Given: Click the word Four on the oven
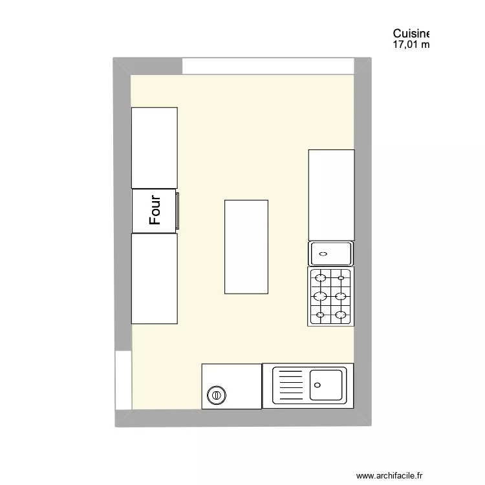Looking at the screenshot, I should click(x=155, y=211).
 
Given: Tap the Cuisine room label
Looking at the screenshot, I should click(x=411, y=34).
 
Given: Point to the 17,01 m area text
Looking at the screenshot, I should click(x=411, y=45).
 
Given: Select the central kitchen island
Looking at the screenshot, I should click(x=246, y=247).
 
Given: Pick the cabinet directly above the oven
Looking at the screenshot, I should click(x=155, y=148).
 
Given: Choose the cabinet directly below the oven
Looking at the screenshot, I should click(x=155, y=278).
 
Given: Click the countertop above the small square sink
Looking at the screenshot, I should click(x=331, y=195).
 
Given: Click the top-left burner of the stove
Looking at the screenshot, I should click(x=319, y=278).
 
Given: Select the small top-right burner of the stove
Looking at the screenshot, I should click(x=341, y=278).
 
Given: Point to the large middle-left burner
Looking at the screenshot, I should click(x=319, y=297).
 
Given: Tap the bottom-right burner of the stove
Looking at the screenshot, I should click(x=341, y=316).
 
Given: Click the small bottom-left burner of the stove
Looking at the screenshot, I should click(x=319, y=316).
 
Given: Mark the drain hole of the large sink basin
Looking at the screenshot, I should click(x=317, y=384).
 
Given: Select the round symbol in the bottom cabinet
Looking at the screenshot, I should click(x=216, y=394).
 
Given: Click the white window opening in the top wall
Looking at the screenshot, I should click(x=268, y=66).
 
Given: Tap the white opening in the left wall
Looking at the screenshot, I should click(x=123, y=380).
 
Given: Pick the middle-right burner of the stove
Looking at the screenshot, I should click(x=341, y=297).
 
